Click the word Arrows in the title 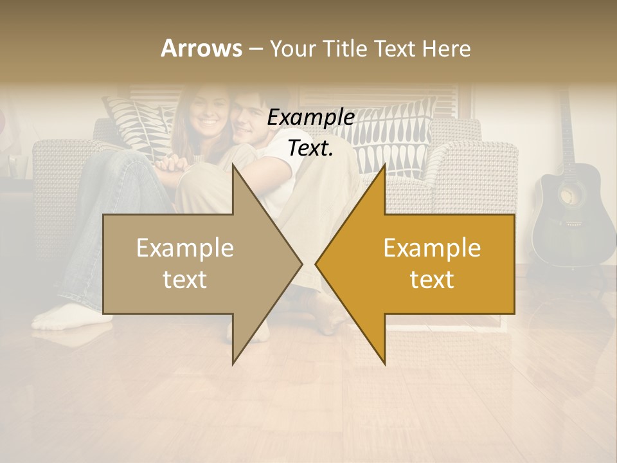pyautogui.click(x=201, y=48)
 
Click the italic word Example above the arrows pyautogui.click(x=310, y=118)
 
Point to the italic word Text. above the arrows pyautogui.click(x=310, y=149)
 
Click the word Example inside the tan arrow pyautogui.click(x=185, y=248)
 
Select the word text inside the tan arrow pyautogui.click(x=185, y=280)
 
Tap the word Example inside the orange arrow pyautogui.click(x=432, y=248)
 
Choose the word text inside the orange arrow pyautogui.click(x=432, y=280)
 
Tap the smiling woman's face pyautogui.click(x=208, y=113)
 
